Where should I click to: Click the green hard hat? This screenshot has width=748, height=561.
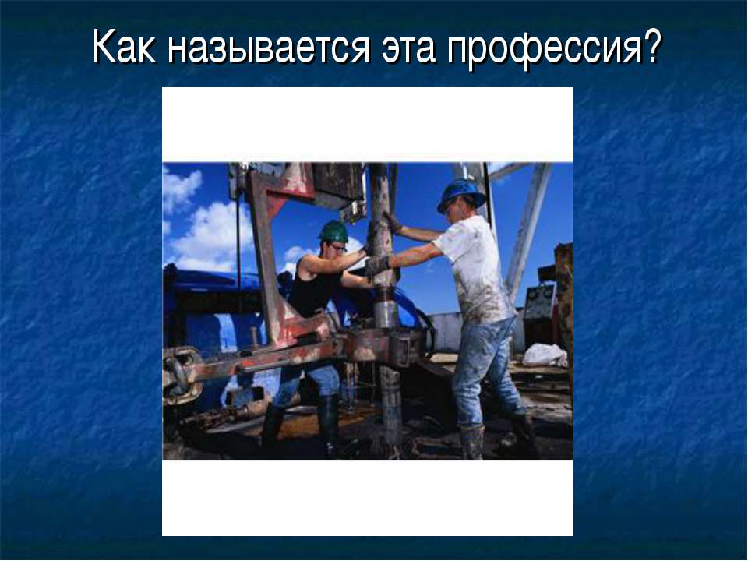(333, 231)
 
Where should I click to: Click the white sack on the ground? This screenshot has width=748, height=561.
(545, 355)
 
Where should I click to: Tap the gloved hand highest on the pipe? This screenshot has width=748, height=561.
(391, 222)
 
